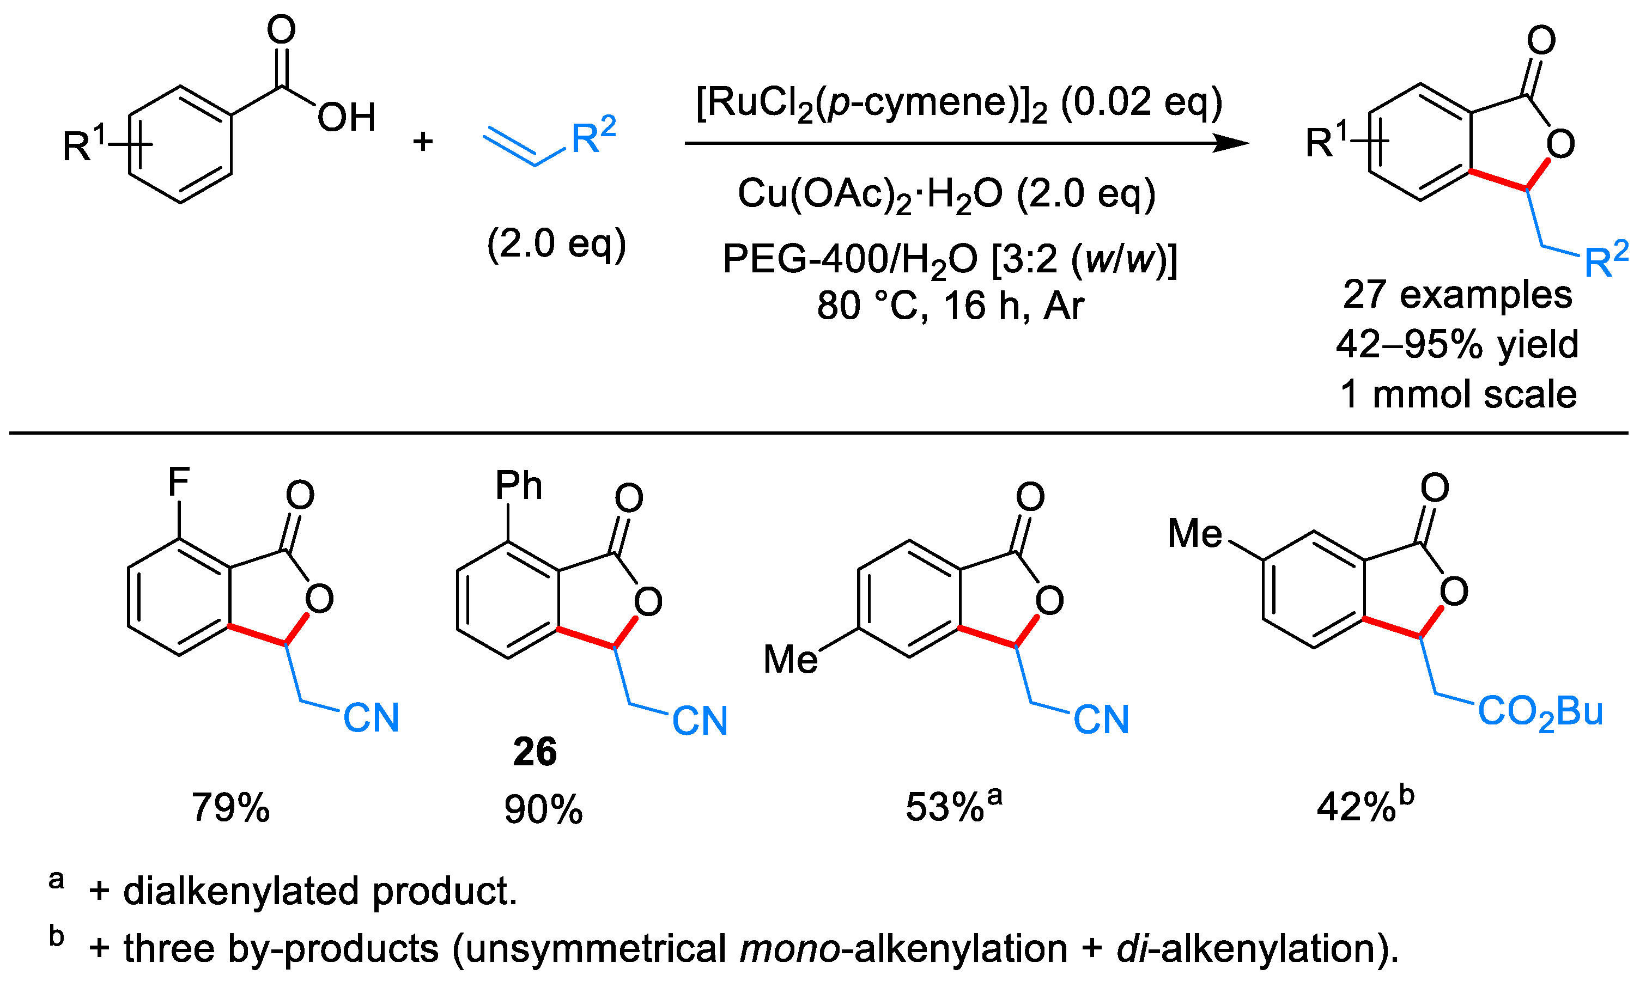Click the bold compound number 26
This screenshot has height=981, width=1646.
pos(535,752)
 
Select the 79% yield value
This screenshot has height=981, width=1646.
pos(230,808)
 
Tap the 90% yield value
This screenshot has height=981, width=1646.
pos(543,810)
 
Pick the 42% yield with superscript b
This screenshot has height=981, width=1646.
pos(1364,807)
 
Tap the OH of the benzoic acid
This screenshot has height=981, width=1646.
pos(347,118)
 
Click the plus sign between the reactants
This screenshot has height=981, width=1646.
pos(423,142)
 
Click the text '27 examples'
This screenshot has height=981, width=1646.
pos(1457,294)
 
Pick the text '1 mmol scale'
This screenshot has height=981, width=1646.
pos(1458,395)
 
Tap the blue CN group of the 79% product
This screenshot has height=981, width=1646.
pos(372,718)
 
